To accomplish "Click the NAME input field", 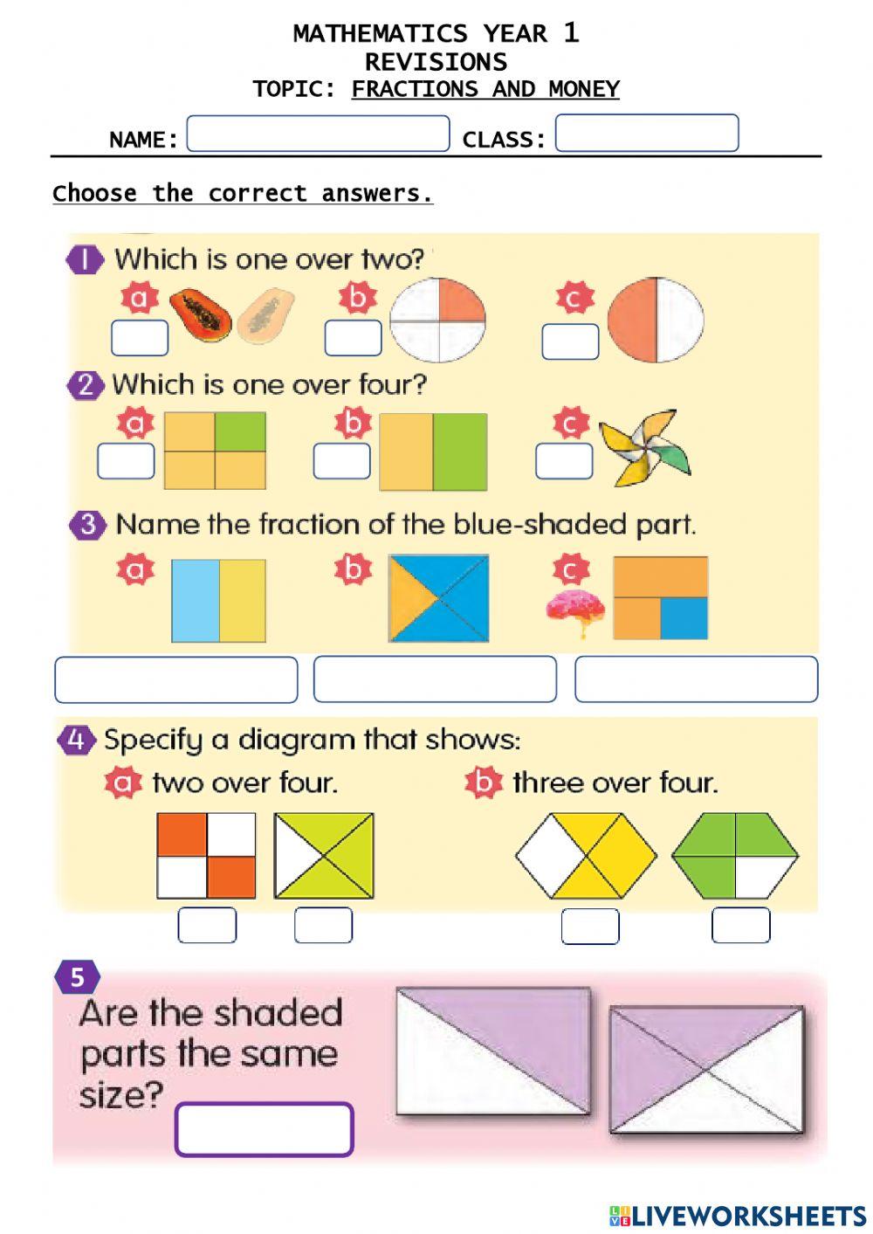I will tap(318, 134).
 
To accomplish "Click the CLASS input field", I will tap(647, 133).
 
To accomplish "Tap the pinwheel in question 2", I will tap(644, 446).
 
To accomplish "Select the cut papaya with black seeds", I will tap(200, 315).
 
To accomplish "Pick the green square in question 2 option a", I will tap(240, 432).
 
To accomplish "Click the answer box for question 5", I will tap(265, 1129).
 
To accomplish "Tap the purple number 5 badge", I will tap(77, 976).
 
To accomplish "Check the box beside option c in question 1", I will tap(570, 341).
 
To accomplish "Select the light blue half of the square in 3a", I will tap(195, 601).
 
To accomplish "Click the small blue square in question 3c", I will tap(684, 618).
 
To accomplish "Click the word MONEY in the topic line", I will tap(584, 89).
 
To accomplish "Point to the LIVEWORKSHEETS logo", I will tap(738, 1216).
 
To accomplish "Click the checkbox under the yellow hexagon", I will tap(590, 926).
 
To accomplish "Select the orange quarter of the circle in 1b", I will tap(459, 301).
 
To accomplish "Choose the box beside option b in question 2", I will tap(341, 461).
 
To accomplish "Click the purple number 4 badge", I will tap(76, 740).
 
